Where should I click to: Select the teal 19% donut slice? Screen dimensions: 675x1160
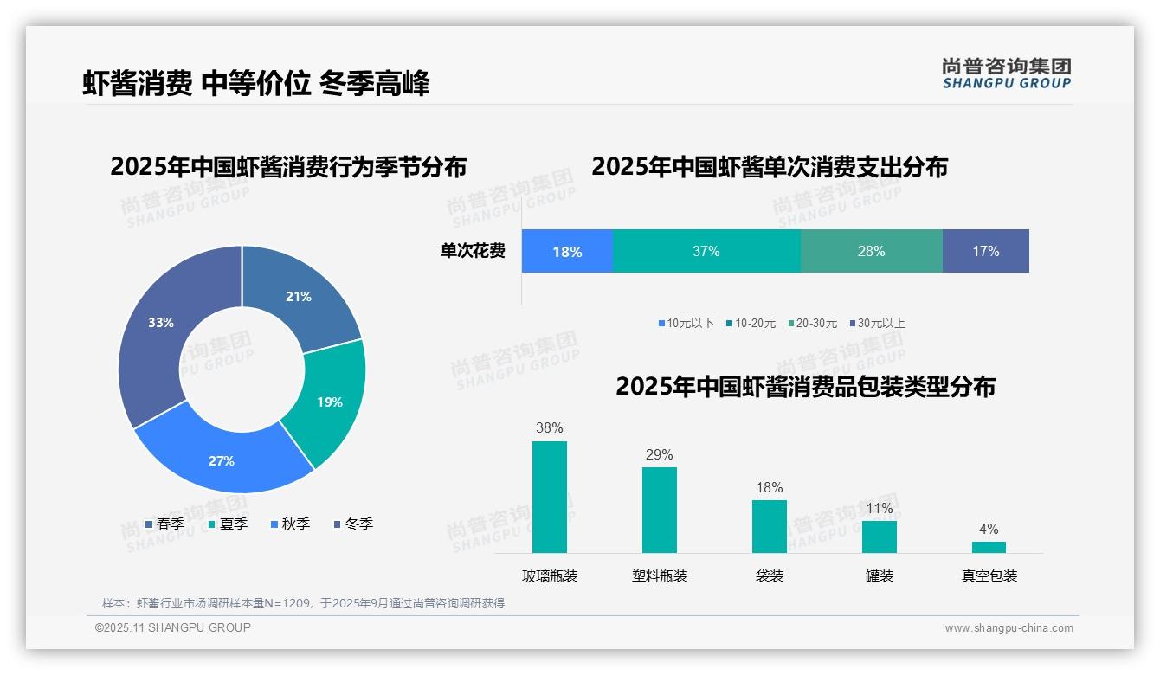329,402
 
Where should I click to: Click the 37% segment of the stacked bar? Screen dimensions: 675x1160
706,252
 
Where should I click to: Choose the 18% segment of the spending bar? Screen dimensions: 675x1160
567,252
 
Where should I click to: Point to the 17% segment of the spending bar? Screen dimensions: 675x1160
985,252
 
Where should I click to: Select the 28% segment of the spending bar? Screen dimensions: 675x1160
871,252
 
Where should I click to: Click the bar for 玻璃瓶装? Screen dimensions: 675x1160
550,497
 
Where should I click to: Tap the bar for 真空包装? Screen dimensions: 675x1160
989,547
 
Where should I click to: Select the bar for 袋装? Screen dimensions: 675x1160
769,526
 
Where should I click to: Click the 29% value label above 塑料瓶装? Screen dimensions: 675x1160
659,455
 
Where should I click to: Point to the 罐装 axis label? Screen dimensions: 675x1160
879,576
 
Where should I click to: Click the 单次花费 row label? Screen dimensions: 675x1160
473,252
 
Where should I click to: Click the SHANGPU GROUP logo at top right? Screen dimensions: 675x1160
1006,74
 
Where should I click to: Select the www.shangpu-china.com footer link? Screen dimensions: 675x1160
1009,628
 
